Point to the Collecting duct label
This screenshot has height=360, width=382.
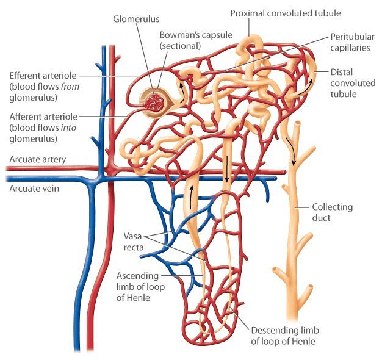pos(332,212)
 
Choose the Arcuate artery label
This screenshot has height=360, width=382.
pos(37,160)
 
